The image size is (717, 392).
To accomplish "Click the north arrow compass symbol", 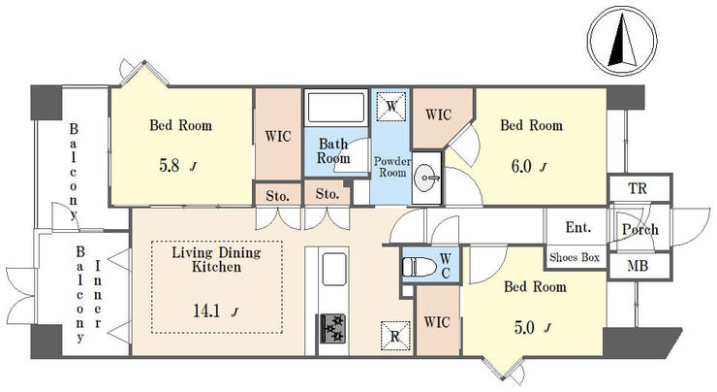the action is tap(622, 41).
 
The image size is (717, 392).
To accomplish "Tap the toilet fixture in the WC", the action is tap(419, 267).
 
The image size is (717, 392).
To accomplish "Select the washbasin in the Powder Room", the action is tap(426, 178).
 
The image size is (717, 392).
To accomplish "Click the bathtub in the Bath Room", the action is tap(336, 107).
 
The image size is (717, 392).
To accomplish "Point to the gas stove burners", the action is tap(332, 328).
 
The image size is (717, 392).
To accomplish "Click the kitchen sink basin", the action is tap(334, 269).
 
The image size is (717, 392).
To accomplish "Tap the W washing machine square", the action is tap(391, 107).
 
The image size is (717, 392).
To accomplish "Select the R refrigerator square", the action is tap(394, 336).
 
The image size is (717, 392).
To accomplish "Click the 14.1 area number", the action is tap(206, 311).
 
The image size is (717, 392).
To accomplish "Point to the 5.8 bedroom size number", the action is tap(170, 165).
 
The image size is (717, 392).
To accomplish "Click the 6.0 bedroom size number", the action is tap(521, 166).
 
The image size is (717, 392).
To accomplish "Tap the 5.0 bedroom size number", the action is tap(524, 327).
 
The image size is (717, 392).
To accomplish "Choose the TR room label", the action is tap(638, 188).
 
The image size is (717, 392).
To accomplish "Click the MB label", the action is tap(638, 265).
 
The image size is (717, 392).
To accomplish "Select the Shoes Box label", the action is tap(575, 257).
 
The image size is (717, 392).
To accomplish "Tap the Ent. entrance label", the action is tap(578, 227).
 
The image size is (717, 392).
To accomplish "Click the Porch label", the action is tap(640, 229).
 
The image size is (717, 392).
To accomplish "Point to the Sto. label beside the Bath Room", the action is tap(327, 194).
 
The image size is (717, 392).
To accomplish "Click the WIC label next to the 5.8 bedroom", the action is tap(278, 137).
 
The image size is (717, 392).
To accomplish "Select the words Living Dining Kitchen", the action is tap(216, 260).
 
